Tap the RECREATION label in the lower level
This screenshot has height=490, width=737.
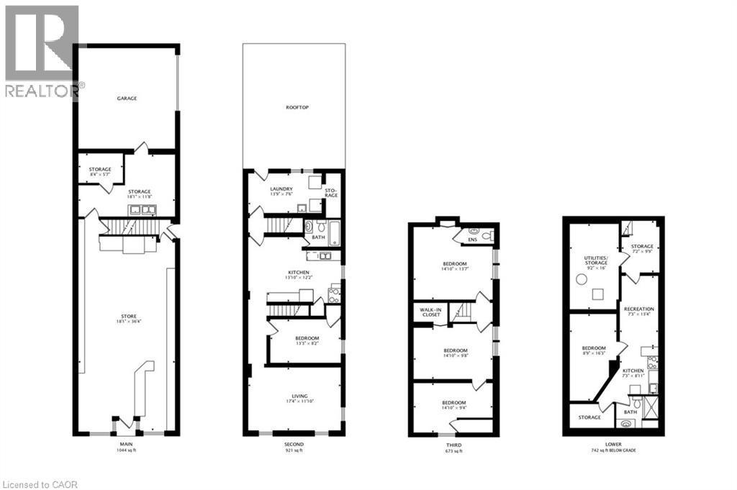(x=638, y=309)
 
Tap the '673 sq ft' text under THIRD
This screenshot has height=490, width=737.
(x=453, y=453)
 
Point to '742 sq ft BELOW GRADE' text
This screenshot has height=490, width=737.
(x=613, y=450)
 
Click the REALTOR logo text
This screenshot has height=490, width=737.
(x=43, y=90)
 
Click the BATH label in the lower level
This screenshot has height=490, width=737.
(x=630, y=412)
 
